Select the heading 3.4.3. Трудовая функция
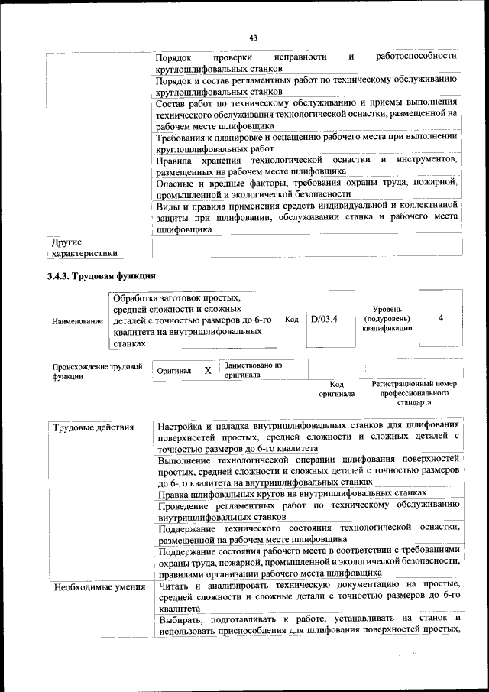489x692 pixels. tap(102, 275)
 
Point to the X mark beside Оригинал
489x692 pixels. tap(207, 370)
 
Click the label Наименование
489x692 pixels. tap(77, 322)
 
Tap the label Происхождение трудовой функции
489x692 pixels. tap(97, 372)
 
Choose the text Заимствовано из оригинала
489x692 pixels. tap(252, 370)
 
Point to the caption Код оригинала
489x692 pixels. tap(337, 389)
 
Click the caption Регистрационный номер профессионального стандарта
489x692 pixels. tap(413, 391)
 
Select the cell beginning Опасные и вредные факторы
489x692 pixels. tap(306, 188)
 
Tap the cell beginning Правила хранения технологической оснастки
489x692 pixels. tap(306, 165)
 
